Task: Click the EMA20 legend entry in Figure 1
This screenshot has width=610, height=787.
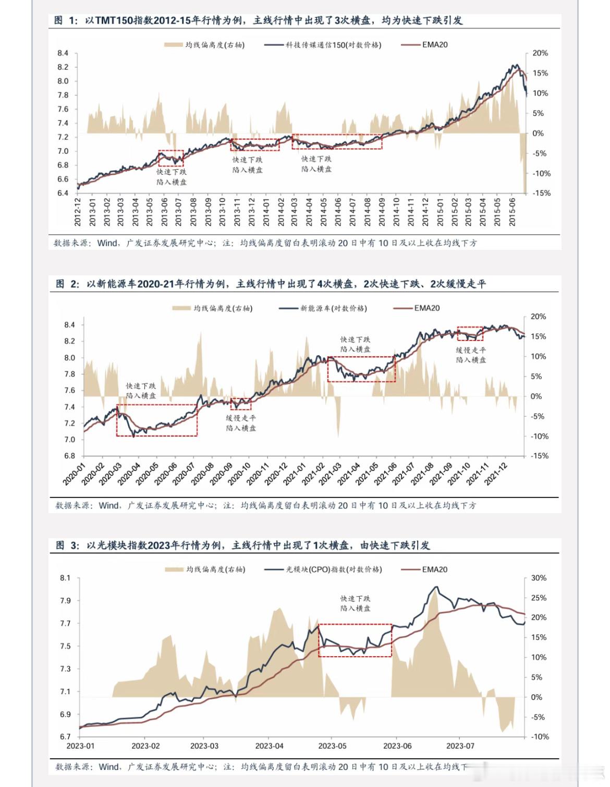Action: point(434,45)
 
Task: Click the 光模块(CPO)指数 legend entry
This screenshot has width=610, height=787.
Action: point(334,570)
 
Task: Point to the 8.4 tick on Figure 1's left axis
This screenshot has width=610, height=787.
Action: point(63,53)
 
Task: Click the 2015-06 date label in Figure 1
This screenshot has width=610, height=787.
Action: point(512,211)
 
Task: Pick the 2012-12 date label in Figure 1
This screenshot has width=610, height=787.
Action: point(78,211)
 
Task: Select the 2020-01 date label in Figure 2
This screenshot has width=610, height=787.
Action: point(74,474)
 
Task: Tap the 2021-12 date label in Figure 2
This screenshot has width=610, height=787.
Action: point(495,474)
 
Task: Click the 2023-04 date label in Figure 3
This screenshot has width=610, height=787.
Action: point(270,746)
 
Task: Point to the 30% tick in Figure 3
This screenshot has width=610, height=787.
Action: point(539,578)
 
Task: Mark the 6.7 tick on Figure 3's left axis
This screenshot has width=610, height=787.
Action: point(65,737)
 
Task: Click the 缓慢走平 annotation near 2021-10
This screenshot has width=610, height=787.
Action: point(471,350)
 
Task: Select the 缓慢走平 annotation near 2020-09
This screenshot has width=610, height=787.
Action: point(241,418)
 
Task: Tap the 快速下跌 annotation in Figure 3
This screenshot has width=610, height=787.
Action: point(356,599)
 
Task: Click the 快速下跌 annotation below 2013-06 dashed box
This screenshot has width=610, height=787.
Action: point(172,172)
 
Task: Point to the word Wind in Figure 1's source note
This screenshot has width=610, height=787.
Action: point(107,243)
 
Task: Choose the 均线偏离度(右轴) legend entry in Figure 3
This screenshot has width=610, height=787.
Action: point(215,570)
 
